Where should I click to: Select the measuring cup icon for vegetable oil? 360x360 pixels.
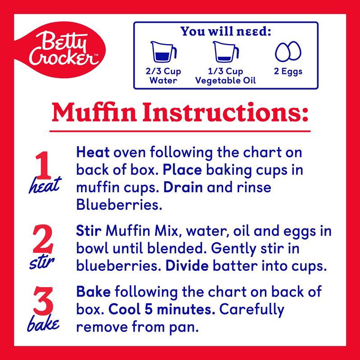click(x=225, y=53)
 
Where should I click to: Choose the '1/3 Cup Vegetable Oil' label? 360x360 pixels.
click(x=225, y=76)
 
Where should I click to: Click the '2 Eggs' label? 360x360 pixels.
click(x=288, y=72)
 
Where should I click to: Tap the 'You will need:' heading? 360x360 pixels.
click(x=225, y=31)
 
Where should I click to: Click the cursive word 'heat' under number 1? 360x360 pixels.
click(x=44, y=187)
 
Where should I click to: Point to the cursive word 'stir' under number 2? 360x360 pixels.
click(x=44, y=262)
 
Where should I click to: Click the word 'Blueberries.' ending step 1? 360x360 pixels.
click(x=118, y=204)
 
